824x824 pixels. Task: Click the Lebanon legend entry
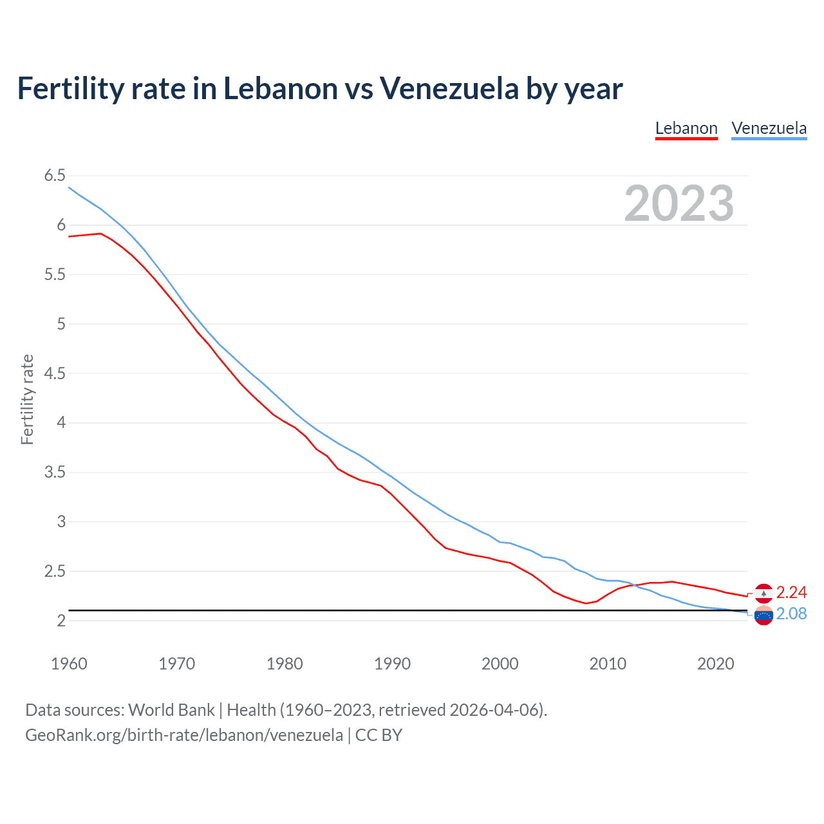click(x=686, y=128)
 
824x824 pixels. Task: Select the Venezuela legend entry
click(x=769, y=128)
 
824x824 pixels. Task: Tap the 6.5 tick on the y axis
click(x=55, y=176)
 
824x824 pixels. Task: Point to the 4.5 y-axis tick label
click(x=55, y=373)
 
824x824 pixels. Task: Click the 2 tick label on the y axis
click(x=61, y=621)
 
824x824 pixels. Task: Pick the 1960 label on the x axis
click(x=69, y=664)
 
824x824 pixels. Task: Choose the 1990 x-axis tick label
click(x=392, y=664)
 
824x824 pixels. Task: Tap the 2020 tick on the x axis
click(x=715, y=664)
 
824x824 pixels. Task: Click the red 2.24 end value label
click(x=791, y=592)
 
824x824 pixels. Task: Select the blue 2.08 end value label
click(x=791, y=613)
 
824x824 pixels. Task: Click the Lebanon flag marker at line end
click(x=763, y=593)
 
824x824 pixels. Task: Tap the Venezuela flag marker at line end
click(x=763, y=616)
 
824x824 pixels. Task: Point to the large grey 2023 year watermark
click(x=679, y=203)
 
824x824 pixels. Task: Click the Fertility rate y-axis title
click(x=27, y=399)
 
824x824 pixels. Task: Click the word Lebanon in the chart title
click(x=280, y=88)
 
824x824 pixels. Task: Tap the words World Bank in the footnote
click(x=171, y=710)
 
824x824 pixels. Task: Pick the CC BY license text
click(x=379, y=735)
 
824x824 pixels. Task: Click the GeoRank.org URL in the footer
click(x=184, y=735)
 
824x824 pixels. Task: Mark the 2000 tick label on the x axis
click(x=500, y=664)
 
